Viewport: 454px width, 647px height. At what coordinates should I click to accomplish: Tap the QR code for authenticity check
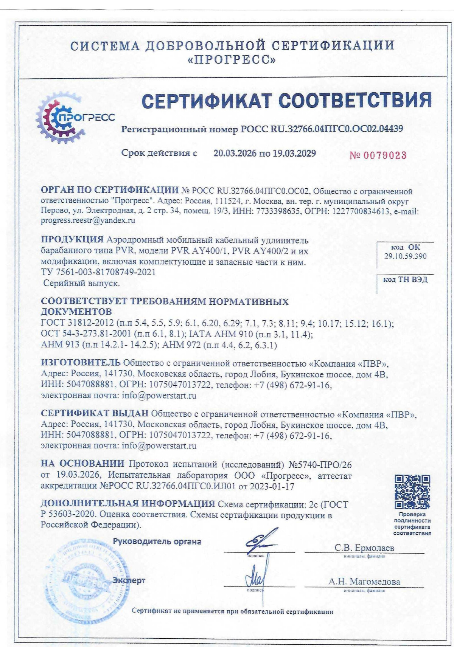(x=412, y=492)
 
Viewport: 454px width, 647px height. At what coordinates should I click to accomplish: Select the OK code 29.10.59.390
(x=405, y=256)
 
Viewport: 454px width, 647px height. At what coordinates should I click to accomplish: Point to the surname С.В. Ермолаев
(x=364, y=548)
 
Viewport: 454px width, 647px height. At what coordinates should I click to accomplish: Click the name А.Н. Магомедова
(x=364, y=582)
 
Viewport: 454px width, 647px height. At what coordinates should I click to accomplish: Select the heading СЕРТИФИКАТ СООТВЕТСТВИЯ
(x=286, y=101)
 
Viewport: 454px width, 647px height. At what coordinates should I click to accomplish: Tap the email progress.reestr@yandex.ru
(x=88, y=220)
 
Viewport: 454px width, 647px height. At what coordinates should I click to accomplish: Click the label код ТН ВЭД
(x=405, y=279)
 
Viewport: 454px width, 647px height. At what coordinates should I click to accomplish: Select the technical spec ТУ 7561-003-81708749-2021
(x=98, y=272)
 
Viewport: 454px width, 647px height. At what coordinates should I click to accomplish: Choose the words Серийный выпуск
(x=81, y=283)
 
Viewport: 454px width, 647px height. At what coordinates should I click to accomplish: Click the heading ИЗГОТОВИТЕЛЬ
(x=81, y=363)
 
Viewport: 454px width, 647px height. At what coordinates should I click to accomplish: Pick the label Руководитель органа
(x=157, y=541)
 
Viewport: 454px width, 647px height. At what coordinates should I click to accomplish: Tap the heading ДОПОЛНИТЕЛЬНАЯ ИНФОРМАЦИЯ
(x=128, y=504)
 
